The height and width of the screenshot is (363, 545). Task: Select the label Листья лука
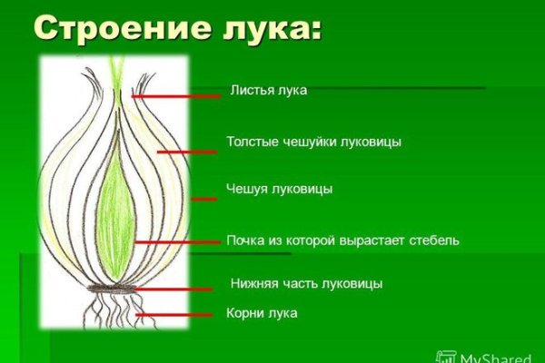(x=268, y=90)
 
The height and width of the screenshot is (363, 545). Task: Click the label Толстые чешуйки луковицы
(x=313, y=142)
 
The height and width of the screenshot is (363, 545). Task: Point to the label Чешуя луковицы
(x=278, y=189)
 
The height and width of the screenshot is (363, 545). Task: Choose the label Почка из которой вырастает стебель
(x=343, y=240)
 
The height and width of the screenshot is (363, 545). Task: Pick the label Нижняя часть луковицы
(x=306, y=283)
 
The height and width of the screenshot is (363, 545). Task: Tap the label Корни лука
(x=262, y=313)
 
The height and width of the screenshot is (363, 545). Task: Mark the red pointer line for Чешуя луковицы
(x=204, y=199)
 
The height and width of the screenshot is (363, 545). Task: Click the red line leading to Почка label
(x=177, y=242)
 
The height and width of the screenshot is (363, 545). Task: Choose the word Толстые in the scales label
(x=250, y=142)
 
